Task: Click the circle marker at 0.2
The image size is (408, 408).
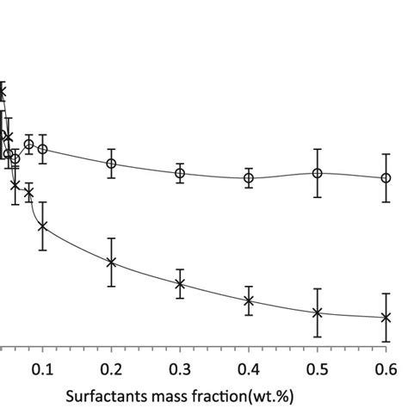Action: [111, 164]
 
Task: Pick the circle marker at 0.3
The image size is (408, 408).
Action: [180, 173]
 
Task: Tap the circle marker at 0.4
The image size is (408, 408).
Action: [249, 178]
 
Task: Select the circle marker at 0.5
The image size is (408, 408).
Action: [318, 173]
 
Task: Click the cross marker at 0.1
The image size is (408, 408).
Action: [42, 226]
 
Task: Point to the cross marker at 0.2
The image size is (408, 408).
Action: [111, 262]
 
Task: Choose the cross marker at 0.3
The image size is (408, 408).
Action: [180, 283]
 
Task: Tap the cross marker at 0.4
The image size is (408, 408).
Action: [249, 300]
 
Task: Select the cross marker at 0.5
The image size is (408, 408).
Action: [318, 312]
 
